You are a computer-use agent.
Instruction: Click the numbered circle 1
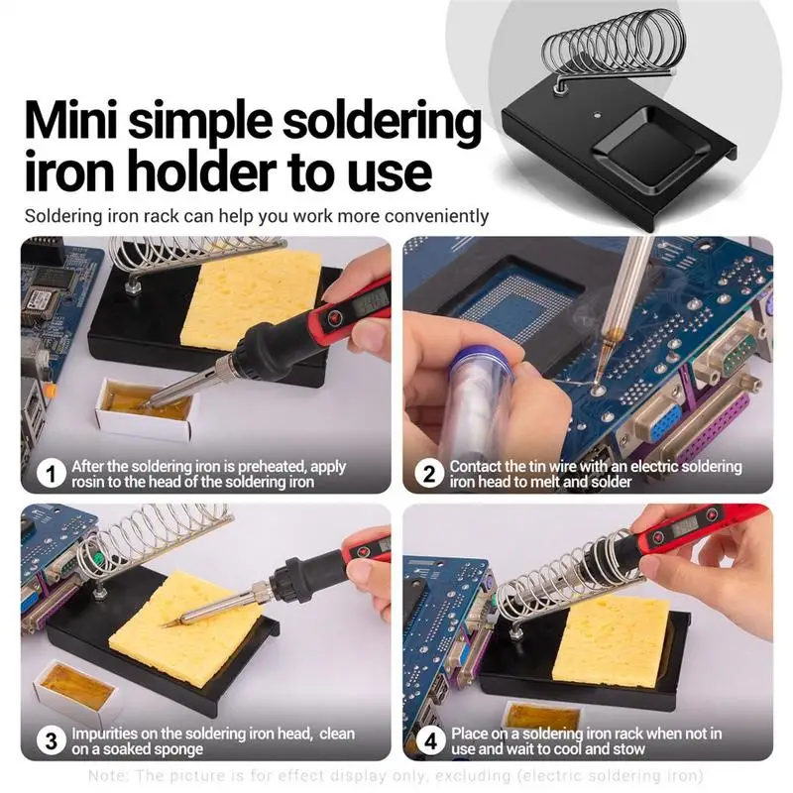click(x=50, y=474)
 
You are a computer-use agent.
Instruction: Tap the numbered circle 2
click(x=428, y=474)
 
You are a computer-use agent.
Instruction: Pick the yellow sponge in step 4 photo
click(x=615, y=640)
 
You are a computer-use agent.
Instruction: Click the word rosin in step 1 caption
click(x=93, y=483)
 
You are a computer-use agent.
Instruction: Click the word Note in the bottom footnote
click(x=106, y=774)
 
